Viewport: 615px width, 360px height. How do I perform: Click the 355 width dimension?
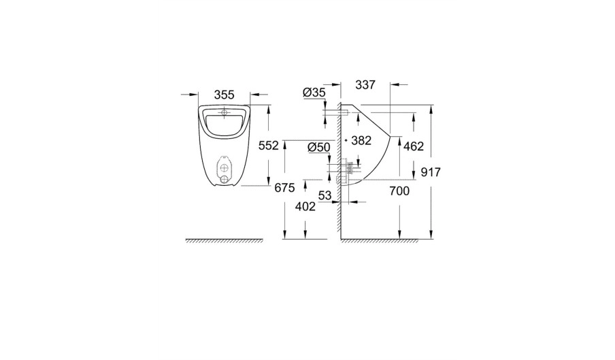click(225, 95)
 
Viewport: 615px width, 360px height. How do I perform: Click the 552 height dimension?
click(269, 146)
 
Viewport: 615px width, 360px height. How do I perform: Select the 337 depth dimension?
click(365, 84)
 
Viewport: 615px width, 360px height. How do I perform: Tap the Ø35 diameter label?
click(314, 93)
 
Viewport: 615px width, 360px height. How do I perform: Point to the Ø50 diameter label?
click(319, 148)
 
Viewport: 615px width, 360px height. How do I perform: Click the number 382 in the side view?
click(361, 140)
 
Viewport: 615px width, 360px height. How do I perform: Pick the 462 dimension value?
click(414, 146)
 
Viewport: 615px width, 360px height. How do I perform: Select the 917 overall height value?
click(431, 171)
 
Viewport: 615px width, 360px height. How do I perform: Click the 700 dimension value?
click(399, 191)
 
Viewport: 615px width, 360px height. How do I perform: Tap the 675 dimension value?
click(284, 189)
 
